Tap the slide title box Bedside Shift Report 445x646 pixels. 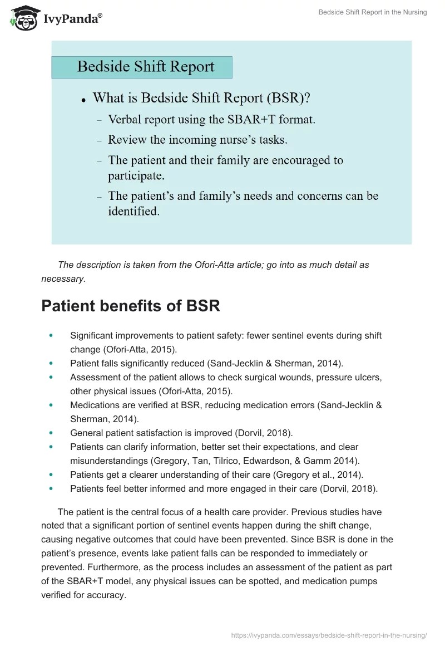click(142, 67)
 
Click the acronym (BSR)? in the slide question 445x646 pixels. click(288, 98)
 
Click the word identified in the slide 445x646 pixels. click(133, 211)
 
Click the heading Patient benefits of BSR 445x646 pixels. click(131, 306)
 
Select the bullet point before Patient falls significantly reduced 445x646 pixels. click(52, 364)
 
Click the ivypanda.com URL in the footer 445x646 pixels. click(329, 634)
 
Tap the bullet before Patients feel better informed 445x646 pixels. click(52, 488)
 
